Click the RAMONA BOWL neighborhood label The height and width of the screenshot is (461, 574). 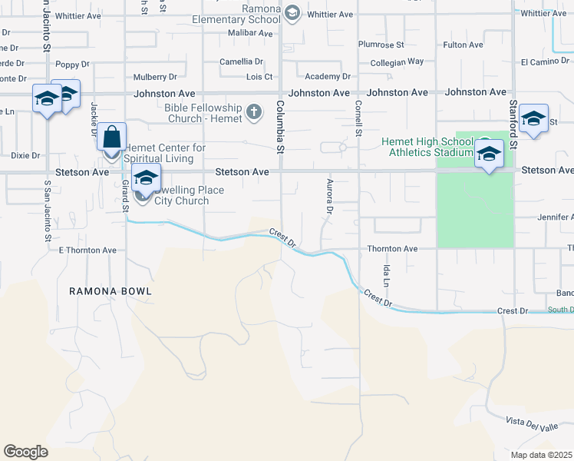(111, 291)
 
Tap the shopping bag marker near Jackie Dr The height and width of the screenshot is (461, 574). (112, 138)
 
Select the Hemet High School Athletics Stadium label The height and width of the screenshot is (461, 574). (428, 147)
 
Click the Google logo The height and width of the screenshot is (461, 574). (25, 452)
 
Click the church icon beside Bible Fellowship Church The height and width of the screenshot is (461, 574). (254, 114)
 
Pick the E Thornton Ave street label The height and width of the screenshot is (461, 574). (87, 250)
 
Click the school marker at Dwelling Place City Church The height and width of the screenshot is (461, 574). (145, 178)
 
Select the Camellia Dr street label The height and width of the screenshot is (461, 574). (241, 61)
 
